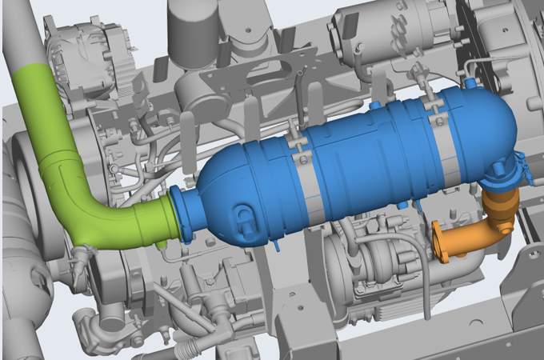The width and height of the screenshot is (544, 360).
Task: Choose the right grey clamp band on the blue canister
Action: [442, 144]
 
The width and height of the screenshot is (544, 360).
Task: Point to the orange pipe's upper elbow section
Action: [497, 208]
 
